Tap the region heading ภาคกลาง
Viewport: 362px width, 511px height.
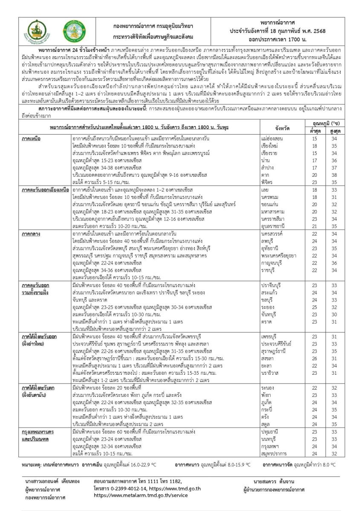pos(30,234)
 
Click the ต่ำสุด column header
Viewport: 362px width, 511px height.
pos(314,132)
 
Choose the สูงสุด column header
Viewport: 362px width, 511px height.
pos(335,132)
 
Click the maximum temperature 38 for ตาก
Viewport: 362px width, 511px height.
pos(335,175)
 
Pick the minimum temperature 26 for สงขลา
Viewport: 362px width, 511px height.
pos(314,358)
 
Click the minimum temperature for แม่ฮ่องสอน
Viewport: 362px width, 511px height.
pos(314,139)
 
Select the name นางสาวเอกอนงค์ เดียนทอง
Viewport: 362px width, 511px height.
pos(52,481)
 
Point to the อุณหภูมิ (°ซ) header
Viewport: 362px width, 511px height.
pos(324,123)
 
